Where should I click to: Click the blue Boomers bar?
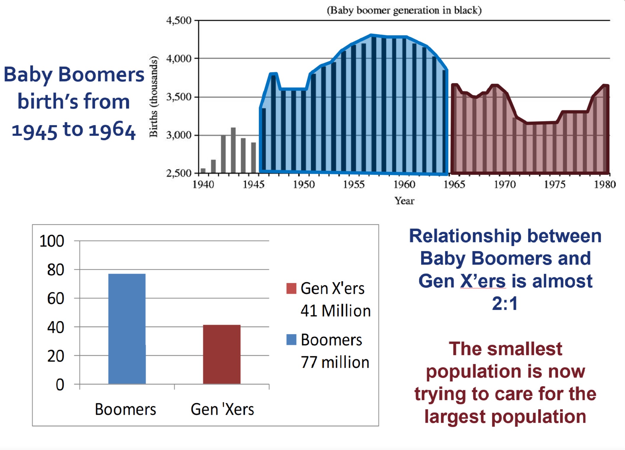coord(127,329)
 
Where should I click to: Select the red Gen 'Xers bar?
coord(222,354)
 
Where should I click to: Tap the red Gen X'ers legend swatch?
coord(291,288)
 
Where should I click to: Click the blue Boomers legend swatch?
coord(291,340)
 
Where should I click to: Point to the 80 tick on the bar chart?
coord(56,270)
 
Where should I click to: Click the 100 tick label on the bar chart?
coord(52,241)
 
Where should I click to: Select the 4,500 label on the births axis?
coord(179,20)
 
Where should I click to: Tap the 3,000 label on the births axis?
coord(179,135)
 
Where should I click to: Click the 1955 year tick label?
coord(354,184)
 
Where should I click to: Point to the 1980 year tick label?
coord(605,184)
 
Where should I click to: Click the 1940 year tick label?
coord(203,184)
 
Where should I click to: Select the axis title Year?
coord(404,201)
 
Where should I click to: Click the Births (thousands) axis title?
coord(153,96)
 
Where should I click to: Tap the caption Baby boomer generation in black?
coord(404,10)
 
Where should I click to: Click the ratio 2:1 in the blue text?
coord(505,303)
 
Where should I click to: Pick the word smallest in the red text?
coord(524,349)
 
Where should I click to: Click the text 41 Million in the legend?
coord(336,311)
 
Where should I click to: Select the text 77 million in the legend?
coord(335,362)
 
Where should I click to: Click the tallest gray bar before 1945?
coord(233,150)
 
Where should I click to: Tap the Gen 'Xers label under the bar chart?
coord(222,409)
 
